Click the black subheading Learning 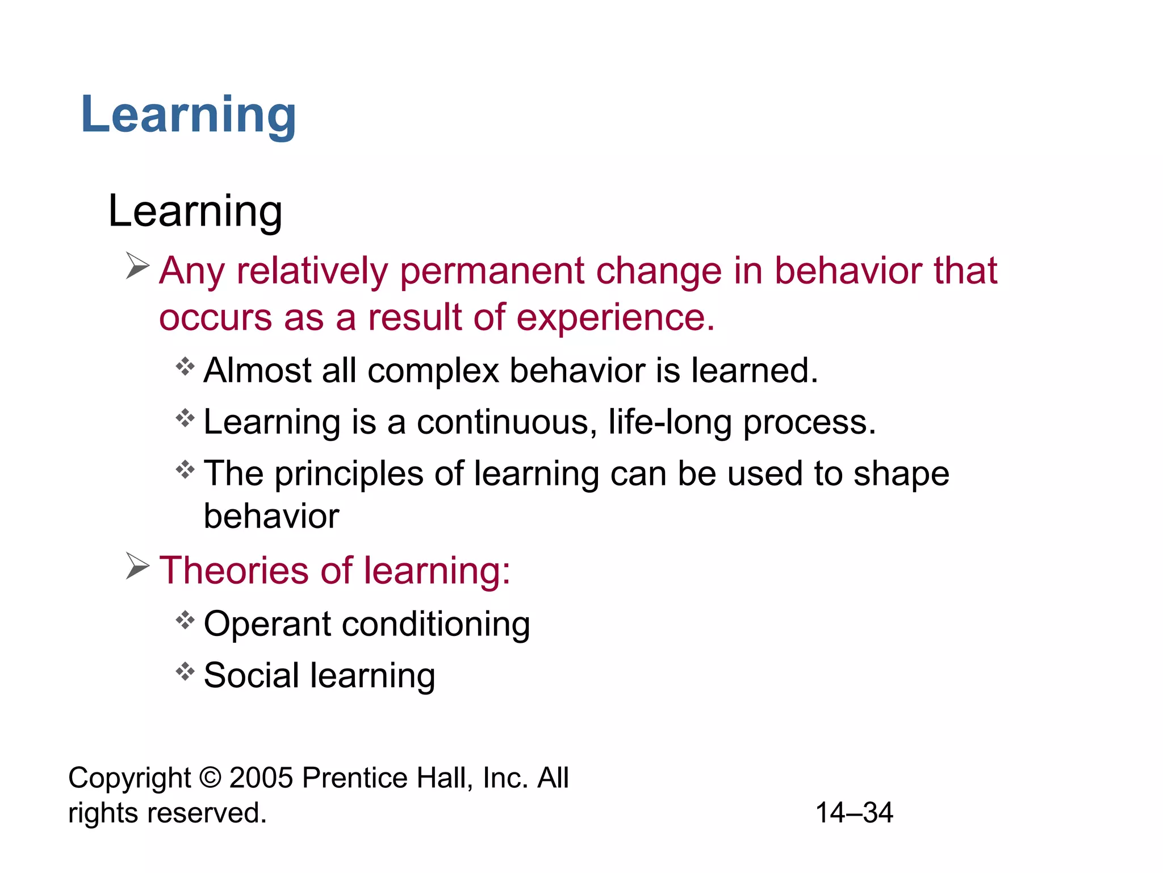pos(195,211)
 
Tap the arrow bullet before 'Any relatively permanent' pos(137,267)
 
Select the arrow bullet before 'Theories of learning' pos(137,566)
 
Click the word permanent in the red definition pos(492,271)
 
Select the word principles pos(349,475)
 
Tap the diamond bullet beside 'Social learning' pos(185,672)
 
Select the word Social pos(250,676)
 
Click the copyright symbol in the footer pos(210,778)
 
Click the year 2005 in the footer pos(261,778)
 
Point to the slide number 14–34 pos(854,813)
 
